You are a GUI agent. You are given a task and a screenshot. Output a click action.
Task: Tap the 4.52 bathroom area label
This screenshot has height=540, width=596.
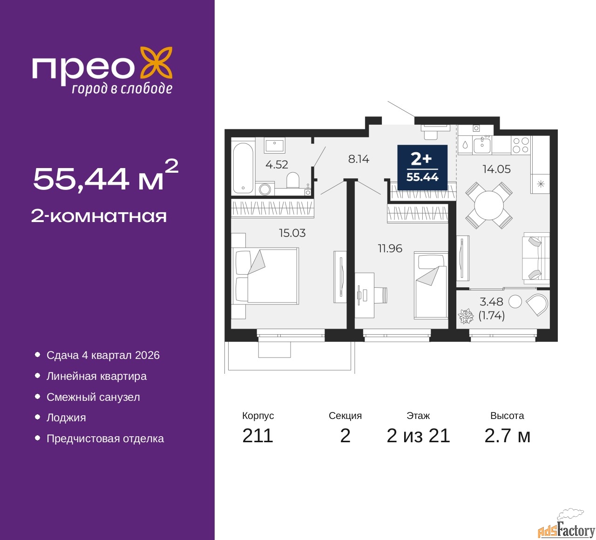[x=277, y=164]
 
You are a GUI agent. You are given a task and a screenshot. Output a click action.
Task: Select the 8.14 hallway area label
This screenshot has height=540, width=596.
[x=359, y=159]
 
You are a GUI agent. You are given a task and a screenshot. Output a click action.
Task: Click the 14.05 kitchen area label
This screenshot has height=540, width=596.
[x=496, y=169]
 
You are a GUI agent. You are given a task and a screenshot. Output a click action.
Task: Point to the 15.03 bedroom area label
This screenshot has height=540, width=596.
[x=292, y=233]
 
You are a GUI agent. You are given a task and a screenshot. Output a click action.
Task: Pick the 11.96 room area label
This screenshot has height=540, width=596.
[x=390, y=248]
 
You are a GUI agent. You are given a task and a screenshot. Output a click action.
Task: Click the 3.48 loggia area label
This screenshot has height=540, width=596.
[x=491, y=302]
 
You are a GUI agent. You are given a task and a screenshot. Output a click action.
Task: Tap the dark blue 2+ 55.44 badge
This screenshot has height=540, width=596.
[x=422, y=167]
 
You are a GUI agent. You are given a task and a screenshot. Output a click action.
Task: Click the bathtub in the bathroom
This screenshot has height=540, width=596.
[x=243, y=168]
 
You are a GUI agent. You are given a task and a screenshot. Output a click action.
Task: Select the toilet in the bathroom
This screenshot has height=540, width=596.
[x=293, y=180]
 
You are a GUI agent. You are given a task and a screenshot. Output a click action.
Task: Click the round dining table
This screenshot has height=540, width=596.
[x=489, y=206]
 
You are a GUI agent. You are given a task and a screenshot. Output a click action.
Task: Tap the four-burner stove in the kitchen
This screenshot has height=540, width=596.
[x=521, y=145]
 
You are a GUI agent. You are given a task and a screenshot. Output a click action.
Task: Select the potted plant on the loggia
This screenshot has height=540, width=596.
[x=465, y=316]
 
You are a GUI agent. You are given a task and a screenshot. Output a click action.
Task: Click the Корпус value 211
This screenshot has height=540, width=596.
[x=257, y=436]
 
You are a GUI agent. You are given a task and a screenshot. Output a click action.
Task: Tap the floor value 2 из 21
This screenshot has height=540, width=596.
[x=418, y=436]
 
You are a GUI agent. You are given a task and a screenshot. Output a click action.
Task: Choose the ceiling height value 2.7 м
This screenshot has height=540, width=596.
[x=507, y=436]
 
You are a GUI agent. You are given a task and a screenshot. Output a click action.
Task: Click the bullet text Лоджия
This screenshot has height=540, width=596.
[x=66, y=418]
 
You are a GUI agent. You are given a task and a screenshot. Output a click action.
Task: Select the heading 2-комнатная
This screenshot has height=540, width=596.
[x=99, y=216]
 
